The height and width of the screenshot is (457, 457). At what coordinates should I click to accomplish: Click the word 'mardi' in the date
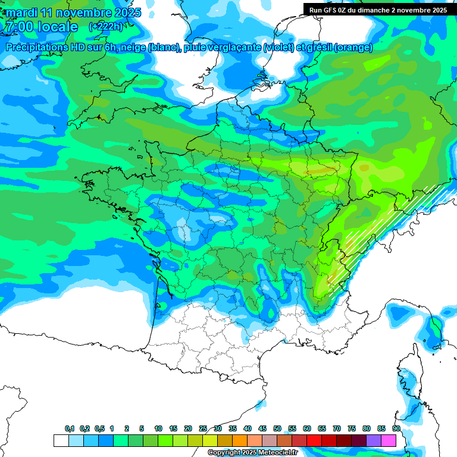pos(21,12)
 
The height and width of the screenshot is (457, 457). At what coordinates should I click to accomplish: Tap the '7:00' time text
pos(17,27)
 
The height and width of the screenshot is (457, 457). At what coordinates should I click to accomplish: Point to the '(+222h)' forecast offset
pos(107,27)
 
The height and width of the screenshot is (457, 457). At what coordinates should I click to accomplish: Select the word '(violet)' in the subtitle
pos(278,48)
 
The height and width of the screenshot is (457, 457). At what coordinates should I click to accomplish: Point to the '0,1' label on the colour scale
pos(70,429)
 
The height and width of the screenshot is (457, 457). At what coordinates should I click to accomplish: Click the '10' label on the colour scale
pos(158,429)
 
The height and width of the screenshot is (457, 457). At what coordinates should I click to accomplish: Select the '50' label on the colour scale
pos(277,429)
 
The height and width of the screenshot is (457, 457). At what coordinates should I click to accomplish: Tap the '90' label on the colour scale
pos(396,429)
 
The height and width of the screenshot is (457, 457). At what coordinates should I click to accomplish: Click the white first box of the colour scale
pos(61,440)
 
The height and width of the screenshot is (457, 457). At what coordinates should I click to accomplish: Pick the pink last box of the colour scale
pos(389,440)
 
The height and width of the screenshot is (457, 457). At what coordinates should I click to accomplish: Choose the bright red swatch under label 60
pos(314,440)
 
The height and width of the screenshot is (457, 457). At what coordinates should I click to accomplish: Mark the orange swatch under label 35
pos(240,440)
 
